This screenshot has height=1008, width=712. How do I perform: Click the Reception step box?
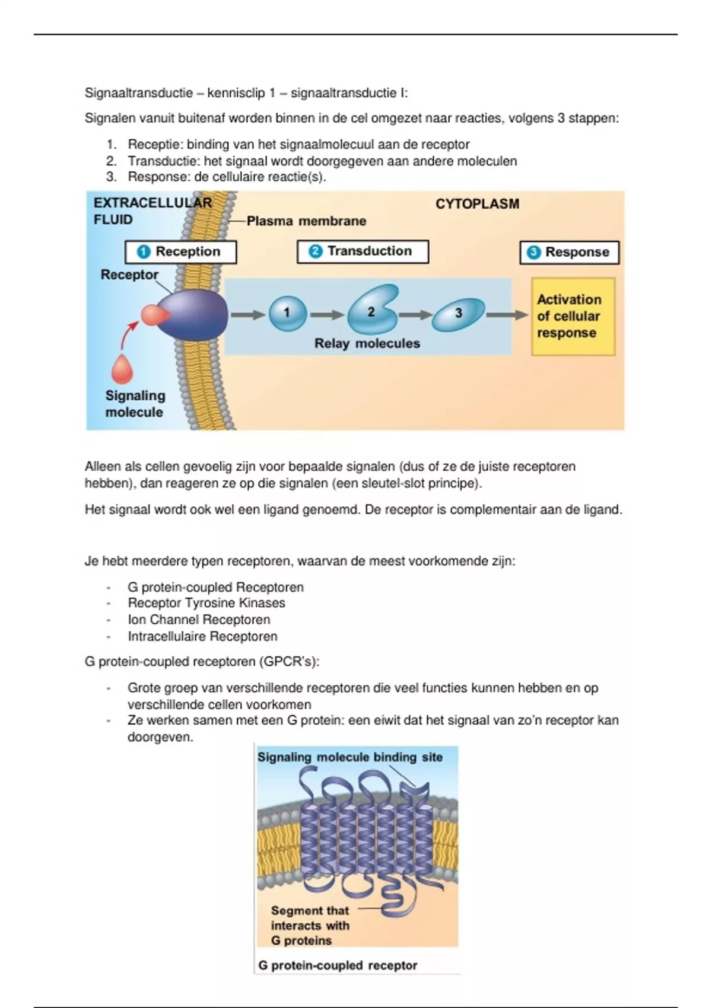tap(180, 252)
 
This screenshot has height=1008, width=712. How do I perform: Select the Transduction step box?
tap(363, 251)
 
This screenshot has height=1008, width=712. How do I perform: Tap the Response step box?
tap(569, 253)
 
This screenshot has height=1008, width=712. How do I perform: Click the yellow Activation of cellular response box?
tap(573, 317)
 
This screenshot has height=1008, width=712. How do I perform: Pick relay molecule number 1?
tap(287, 314)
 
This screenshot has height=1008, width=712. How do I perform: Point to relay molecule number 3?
tap(457, 314)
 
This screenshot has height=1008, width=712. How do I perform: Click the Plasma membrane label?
tap(306, 221)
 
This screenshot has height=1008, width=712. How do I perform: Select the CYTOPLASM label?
tap(477, 204)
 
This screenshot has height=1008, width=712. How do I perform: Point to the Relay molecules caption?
tap(367, 344)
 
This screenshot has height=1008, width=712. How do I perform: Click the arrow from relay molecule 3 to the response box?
tap(507, 315)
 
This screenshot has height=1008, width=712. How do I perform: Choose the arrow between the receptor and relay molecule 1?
tap(247, 315)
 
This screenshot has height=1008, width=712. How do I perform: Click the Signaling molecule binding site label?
tap(349, 757)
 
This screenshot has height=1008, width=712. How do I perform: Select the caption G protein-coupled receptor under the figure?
tap(337, 965)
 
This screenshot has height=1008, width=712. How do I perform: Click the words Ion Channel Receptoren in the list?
tap(199, 620)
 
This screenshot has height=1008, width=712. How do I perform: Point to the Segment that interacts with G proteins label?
tap(310, 926)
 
